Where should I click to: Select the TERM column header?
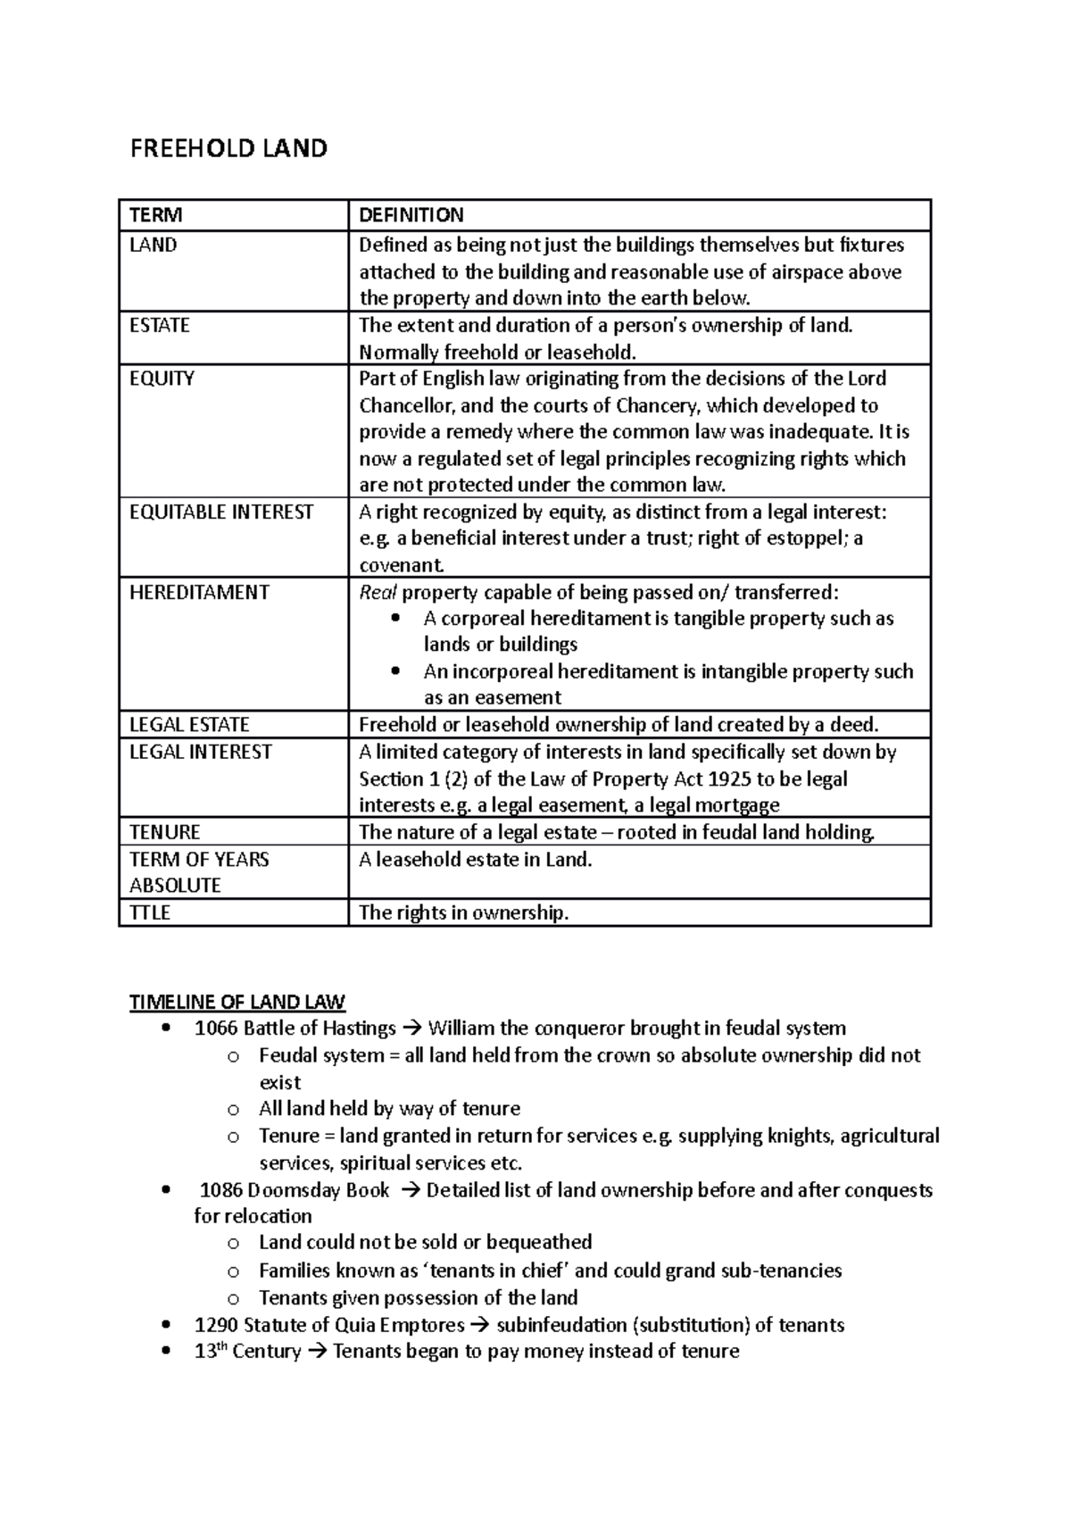(x=155, y=215)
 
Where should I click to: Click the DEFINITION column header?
(x=411, y=215)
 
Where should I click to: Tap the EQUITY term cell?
(x=162, y=379)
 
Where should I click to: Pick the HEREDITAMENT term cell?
(x=199, y=593)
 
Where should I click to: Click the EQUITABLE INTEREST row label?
(x=221, y=512)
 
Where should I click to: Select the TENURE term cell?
(x=164, y=832)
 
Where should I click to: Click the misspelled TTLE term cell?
(x=150, y=913)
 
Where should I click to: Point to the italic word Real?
(x=378, y=593)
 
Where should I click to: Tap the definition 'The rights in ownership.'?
(x=463, y=913)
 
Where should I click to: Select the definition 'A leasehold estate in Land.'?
(x=475, y=860)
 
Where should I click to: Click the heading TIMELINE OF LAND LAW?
(x=237, y=1002)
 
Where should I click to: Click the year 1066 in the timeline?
(x=215, y=1029)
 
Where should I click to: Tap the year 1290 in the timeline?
(x=216, y=1325)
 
